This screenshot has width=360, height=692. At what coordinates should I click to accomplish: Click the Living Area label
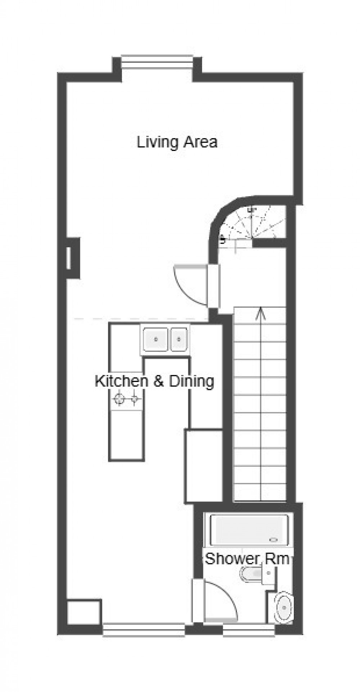(177, 142)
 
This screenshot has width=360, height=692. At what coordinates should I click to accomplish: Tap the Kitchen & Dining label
(154, 381)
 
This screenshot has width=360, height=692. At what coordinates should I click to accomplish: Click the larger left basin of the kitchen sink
(156, 339)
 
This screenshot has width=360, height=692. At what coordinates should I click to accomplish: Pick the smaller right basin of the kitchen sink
(179, 339)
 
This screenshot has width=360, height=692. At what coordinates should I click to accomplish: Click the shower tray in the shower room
(249, 529)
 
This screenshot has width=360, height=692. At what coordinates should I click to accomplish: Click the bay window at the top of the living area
(157, 61)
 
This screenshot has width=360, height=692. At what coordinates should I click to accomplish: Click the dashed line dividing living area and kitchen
(140, 319)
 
